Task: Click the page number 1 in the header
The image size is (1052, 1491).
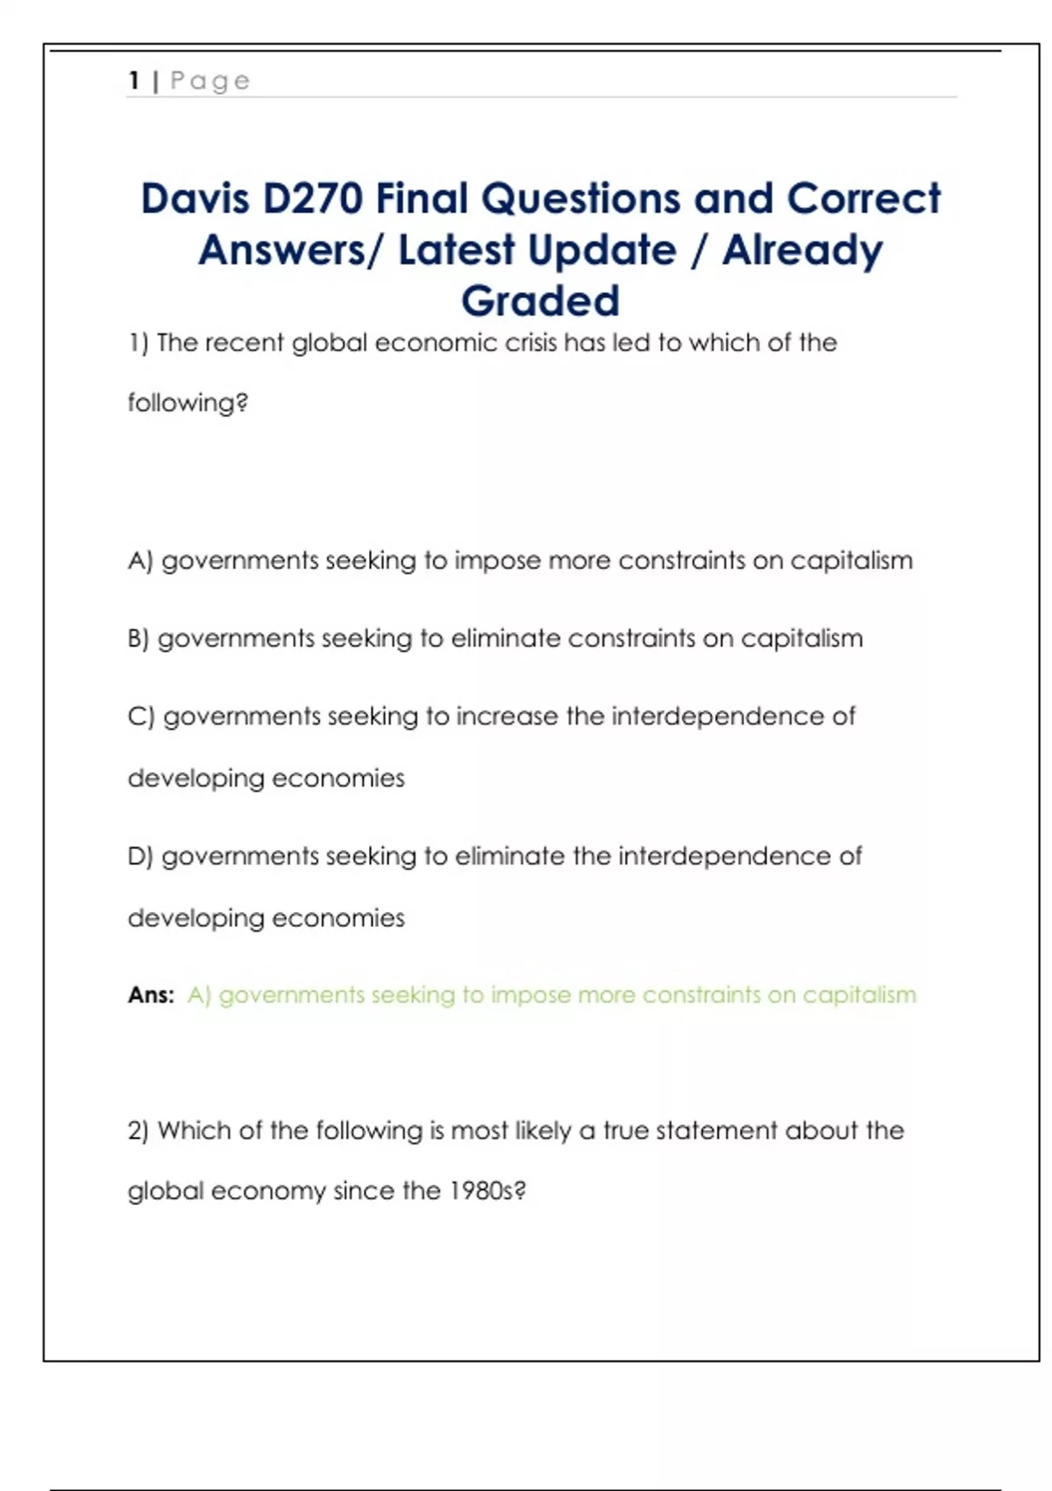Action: click(x=134, y=81)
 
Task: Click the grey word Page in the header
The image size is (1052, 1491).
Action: click(x=210, y=82)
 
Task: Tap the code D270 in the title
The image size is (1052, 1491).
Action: click(x=313, y=198)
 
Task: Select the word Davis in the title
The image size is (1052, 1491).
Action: click(x=195, y=198)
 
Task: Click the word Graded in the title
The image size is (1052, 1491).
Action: click(x=540, y=301)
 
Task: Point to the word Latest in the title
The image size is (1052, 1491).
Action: click(x=456, y=250)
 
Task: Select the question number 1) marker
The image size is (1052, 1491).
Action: click(x=139, y=343)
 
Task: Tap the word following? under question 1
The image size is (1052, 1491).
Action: click(x=188, y=403)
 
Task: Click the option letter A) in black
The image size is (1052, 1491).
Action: click(x=140, y=560)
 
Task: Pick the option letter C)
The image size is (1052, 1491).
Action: click(x=141, y=717)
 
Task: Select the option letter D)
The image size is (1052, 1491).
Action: click(x=140, y=856)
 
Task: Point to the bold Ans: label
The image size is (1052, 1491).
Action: click(x=151, y=995)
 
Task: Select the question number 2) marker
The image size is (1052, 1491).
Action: click(x=139, y=1131)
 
